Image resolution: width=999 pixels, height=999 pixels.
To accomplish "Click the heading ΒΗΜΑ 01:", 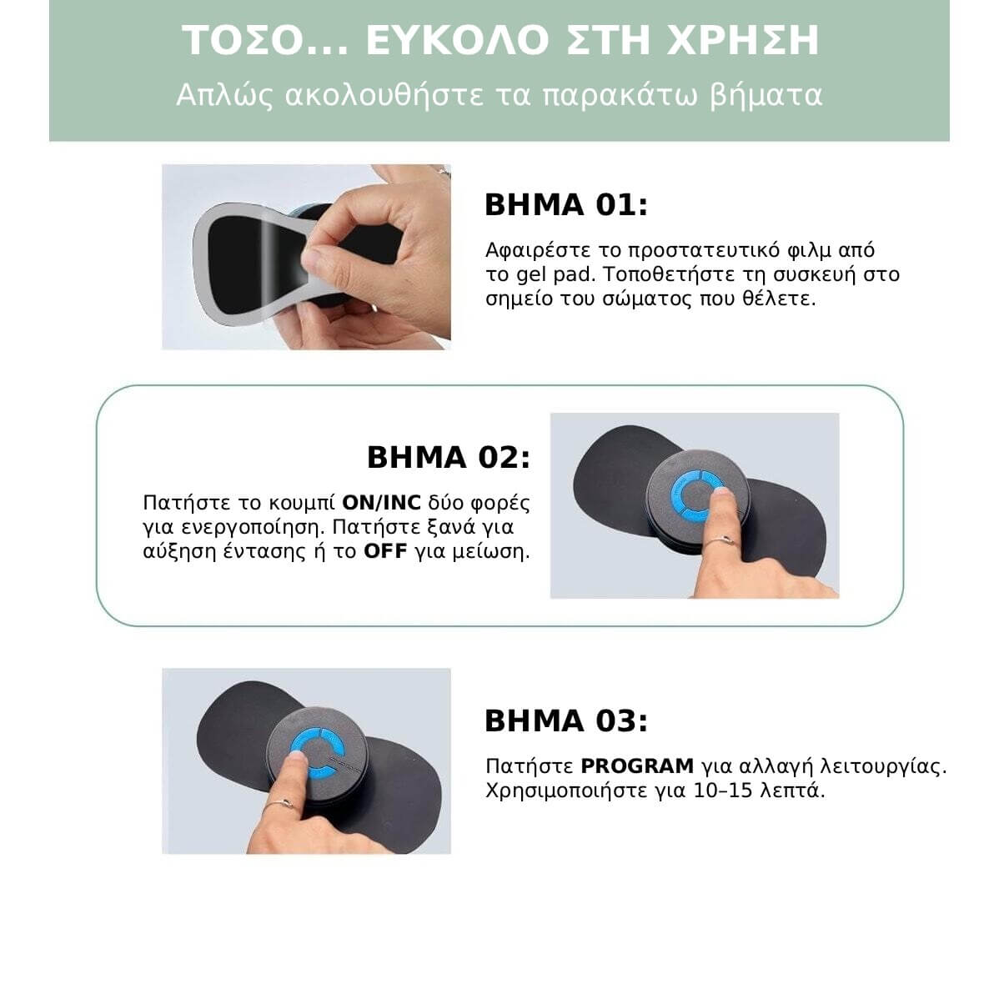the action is click(565, 205).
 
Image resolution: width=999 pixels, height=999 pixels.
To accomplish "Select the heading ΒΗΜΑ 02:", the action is click(448, 458).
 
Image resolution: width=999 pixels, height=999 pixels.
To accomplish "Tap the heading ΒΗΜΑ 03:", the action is click(565, 721).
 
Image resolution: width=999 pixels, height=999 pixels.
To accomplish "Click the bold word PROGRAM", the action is click(637, 766).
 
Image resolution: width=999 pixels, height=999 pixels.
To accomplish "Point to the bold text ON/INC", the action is click(382, 503).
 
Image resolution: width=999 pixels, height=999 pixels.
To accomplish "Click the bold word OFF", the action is click(385, 551).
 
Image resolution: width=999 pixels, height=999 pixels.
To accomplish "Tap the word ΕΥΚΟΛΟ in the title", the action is click(458, 41).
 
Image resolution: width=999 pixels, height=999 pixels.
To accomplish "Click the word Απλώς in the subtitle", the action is click(225, 96).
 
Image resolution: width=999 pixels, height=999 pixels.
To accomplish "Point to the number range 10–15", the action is click(723, 791).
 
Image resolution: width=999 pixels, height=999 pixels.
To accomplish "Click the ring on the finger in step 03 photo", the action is click(279, 804).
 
